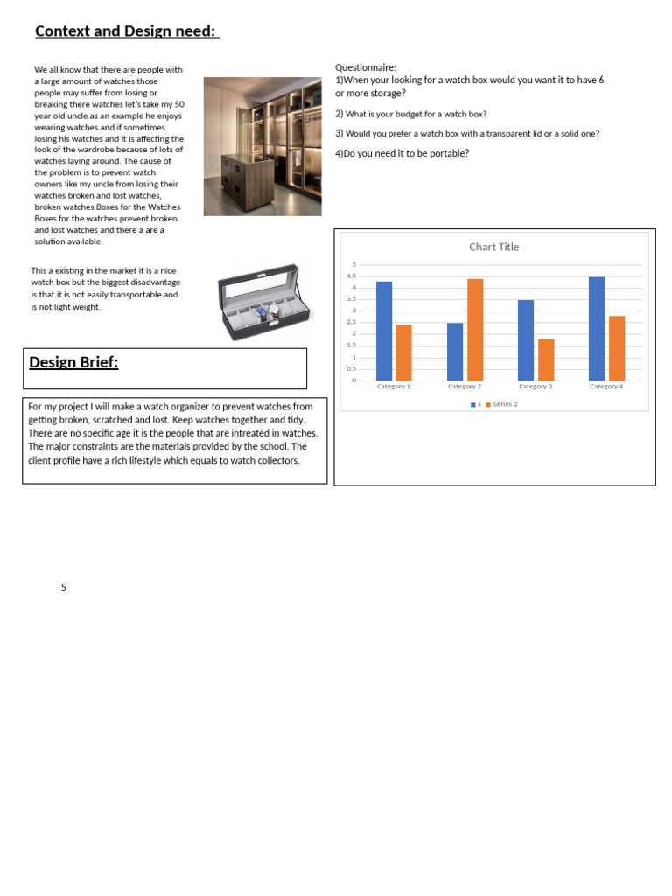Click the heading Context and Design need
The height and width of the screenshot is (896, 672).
click(x=126, y=31)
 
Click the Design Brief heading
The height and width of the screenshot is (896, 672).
click(x=73, y=362)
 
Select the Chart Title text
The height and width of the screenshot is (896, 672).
click(x=493, y=247)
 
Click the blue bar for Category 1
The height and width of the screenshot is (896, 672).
click(x=384, y=331)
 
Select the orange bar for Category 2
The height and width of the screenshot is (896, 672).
click(x=475, y=329)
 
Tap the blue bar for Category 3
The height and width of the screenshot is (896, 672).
click(x=525, y=339)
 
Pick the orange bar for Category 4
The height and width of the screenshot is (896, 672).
click(x=617, y=347)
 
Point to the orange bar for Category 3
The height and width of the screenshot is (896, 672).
click(x=546, y=360)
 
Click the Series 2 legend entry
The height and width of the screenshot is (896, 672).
click(x=504, y=404)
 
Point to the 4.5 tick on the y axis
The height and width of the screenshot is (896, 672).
click(x=352, y=276)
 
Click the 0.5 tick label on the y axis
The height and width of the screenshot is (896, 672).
click(x=352, y=368)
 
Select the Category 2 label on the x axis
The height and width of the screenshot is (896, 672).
click(x=464, y=386)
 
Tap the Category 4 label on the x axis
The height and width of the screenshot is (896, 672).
click(x=605, y=386)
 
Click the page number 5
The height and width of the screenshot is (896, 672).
click(x=64, y=587)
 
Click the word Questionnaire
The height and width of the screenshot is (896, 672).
click(x=366, y=67)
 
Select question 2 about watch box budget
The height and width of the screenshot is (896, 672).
click(x=411, y=114)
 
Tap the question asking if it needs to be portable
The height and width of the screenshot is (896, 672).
click(x=402, y=153)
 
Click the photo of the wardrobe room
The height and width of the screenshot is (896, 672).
click(x=262, y=146)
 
